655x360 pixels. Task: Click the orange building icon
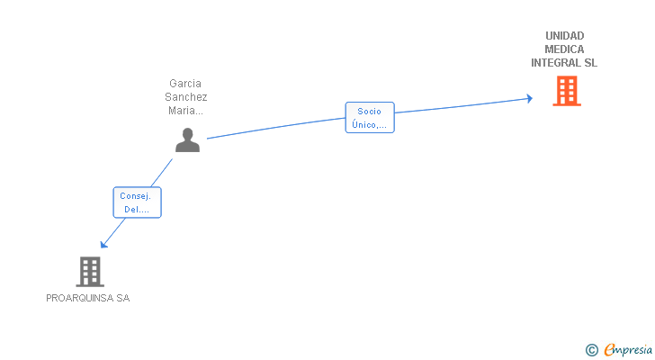point(566,91)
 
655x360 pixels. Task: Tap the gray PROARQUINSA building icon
point(89,271)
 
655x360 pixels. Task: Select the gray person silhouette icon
point(187,139)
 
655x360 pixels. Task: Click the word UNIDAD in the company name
point(564,36)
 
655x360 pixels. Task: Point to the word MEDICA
point(564,49)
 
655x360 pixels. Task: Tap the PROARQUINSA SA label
point(88,298)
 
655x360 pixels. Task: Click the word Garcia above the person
point(185,83)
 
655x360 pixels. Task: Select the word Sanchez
point(185,97)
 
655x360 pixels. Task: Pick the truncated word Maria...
point(185,111)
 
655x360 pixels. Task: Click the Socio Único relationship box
point(369,118)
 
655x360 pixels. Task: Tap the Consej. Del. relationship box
point(137,202)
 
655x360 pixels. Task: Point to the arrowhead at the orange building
point(529,98)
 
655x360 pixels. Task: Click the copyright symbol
point(591,349)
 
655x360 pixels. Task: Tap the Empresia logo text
point(628,349)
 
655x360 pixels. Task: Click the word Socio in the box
point(369,112)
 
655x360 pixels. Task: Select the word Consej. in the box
point(137,195)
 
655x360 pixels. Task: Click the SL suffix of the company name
point(590,63)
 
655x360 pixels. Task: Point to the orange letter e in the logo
point(609,350)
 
